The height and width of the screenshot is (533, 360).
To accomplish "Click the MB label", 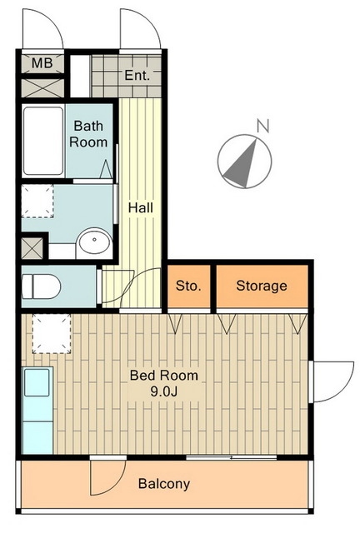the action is tap(42, 63).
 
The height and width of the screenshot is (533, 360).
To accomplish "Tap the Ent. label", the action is tap(137, 75).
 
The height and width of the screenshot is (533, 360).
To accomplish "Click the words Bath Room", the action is tap(88, 134).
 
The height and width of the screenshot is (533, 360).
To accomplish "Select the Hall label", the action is tap(141, 207).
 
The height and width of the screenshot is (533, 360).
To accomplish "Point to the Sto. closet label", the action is tap(188, 286).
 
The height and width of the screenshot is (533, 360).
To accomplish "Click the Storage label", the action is tap(262, 286).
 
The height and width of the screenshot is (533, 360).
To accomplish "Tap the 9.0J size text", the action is tap(164, 391).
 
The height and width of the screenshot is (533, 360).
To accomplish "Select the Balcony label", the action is tap(164, 484).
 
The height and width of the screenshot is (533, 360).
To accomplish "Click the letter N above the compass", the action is tap(263, 126).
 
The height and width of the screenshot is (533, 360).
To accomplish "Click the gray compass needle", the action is tap(242, 167).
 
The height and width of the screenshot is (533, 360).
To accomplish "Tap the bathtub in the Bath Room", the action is tap(43, 141).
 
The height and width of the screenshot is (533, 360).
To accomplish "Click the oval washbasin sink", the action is tap(94, 241).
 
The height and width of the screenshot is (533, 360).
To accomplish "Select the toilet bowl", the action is tap(41, 286).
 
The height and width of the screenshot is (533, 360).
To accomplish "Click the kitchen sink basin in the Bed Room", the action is tap(37, 382).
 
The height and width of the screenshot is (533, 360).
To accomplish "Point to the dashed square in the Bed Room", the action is tap(52, 333).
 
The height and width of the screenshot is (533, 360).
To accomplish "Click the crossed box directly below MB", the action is tap(42, 88).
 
